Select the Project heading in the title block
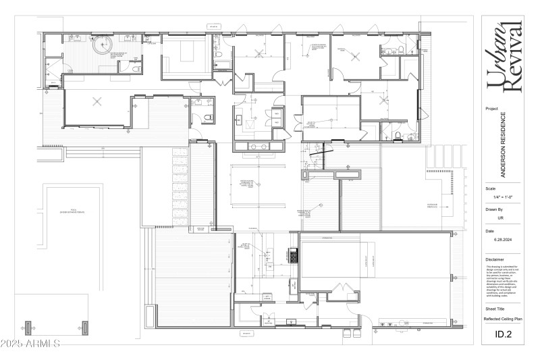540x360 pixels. (491, 108)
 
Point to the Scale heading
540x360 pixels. (491, 188)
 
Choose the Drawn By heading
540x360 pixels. (495, 209)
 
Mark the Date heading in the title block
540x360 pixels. (490, 231)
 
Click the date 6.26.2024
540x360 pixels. (504, 240)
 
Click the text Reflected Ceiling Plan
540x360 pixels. (503, 318)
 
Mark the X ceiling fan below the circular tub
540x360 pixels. (97, 102)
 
